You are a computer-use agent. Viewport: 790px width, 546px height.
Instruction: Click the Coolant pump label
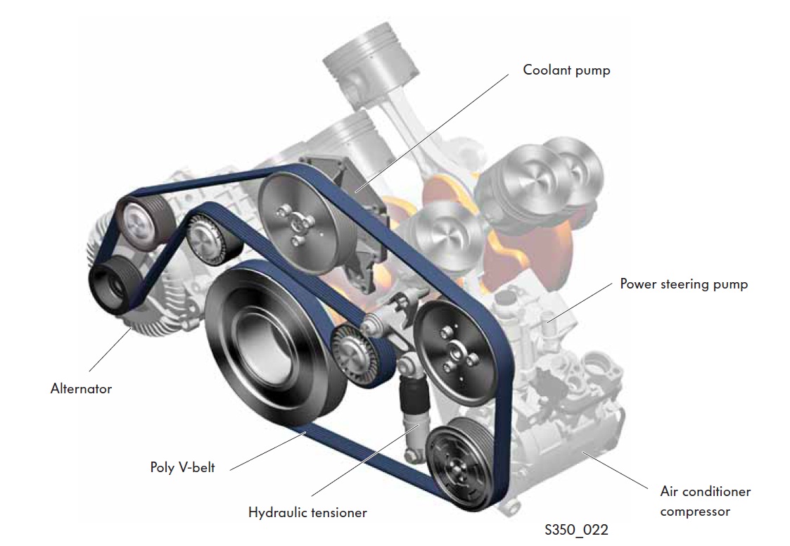[566, 70]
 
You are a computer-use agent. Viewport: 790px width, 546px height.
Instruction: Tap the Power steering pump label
[683, 284]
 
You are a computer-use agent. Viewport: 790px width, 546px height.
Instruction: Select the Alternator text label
[81, 388]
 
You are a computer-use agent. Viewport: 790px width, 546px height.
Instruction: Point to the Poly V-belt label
[182, 466]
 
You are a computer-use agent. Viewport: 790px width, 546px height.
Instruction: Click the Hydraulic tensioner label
[307, 512]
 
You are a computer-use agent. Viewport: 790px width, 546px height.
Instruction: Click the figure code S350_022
[575, 528]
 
